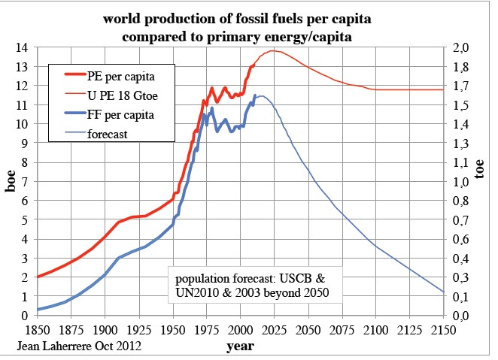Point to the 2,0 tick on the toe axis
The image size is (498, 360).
(463, 47)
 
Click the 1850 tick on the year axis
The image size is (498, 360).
(37, 328)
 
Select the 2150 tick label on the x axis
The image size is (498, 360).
(444, 328)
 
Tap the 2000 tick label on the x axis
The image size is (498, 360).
(240, 328)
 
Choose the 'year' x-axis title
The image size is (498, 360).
(240, 346)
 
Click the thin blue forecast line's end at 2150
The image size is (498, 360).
(444, 292)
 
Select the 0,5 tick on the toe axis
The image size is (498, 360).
(463, 239)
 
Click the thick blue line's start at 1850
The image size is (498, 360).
(38, 310)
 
